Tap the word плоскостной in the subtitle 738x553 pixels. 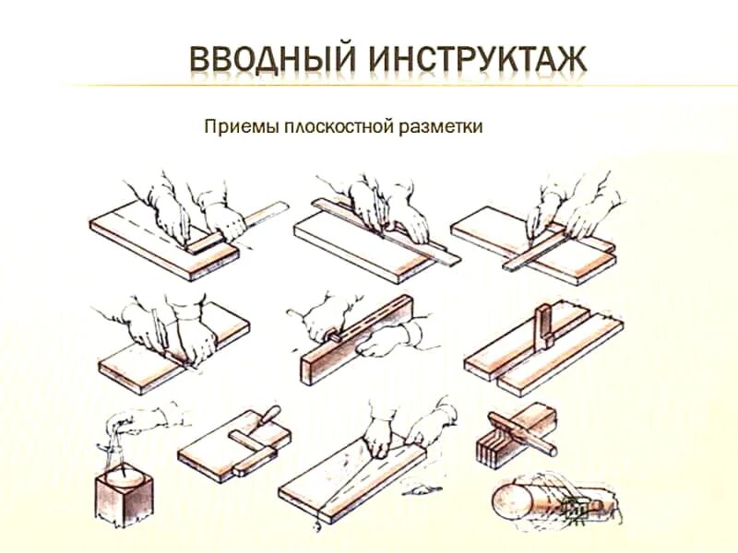328,125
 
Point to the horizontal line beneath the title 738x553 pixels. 369,86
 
